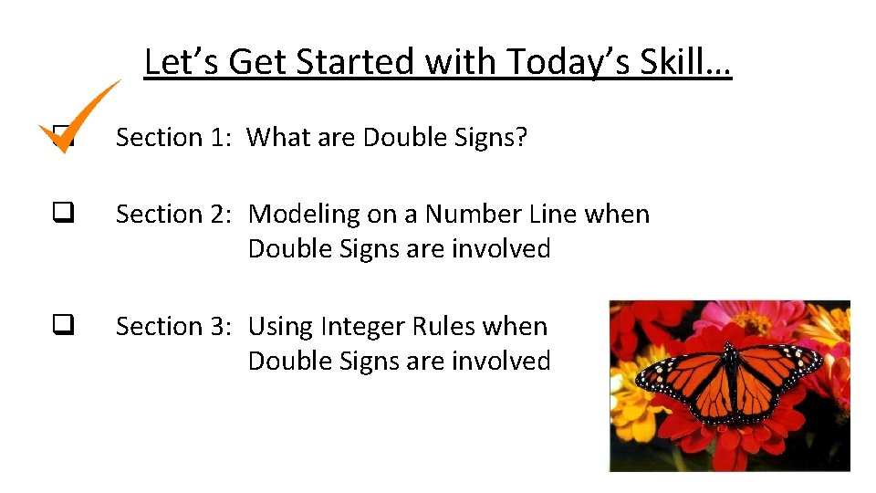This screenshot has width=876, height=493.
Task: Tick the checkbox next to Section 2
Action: [62, 214]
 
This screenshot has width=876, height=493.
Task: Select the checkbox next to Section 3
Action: [62, 326]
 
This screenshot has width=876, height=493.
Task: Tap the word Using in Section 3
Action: [278, 326]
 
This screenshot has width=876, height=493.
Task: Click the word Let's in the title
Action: [182, 62]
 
